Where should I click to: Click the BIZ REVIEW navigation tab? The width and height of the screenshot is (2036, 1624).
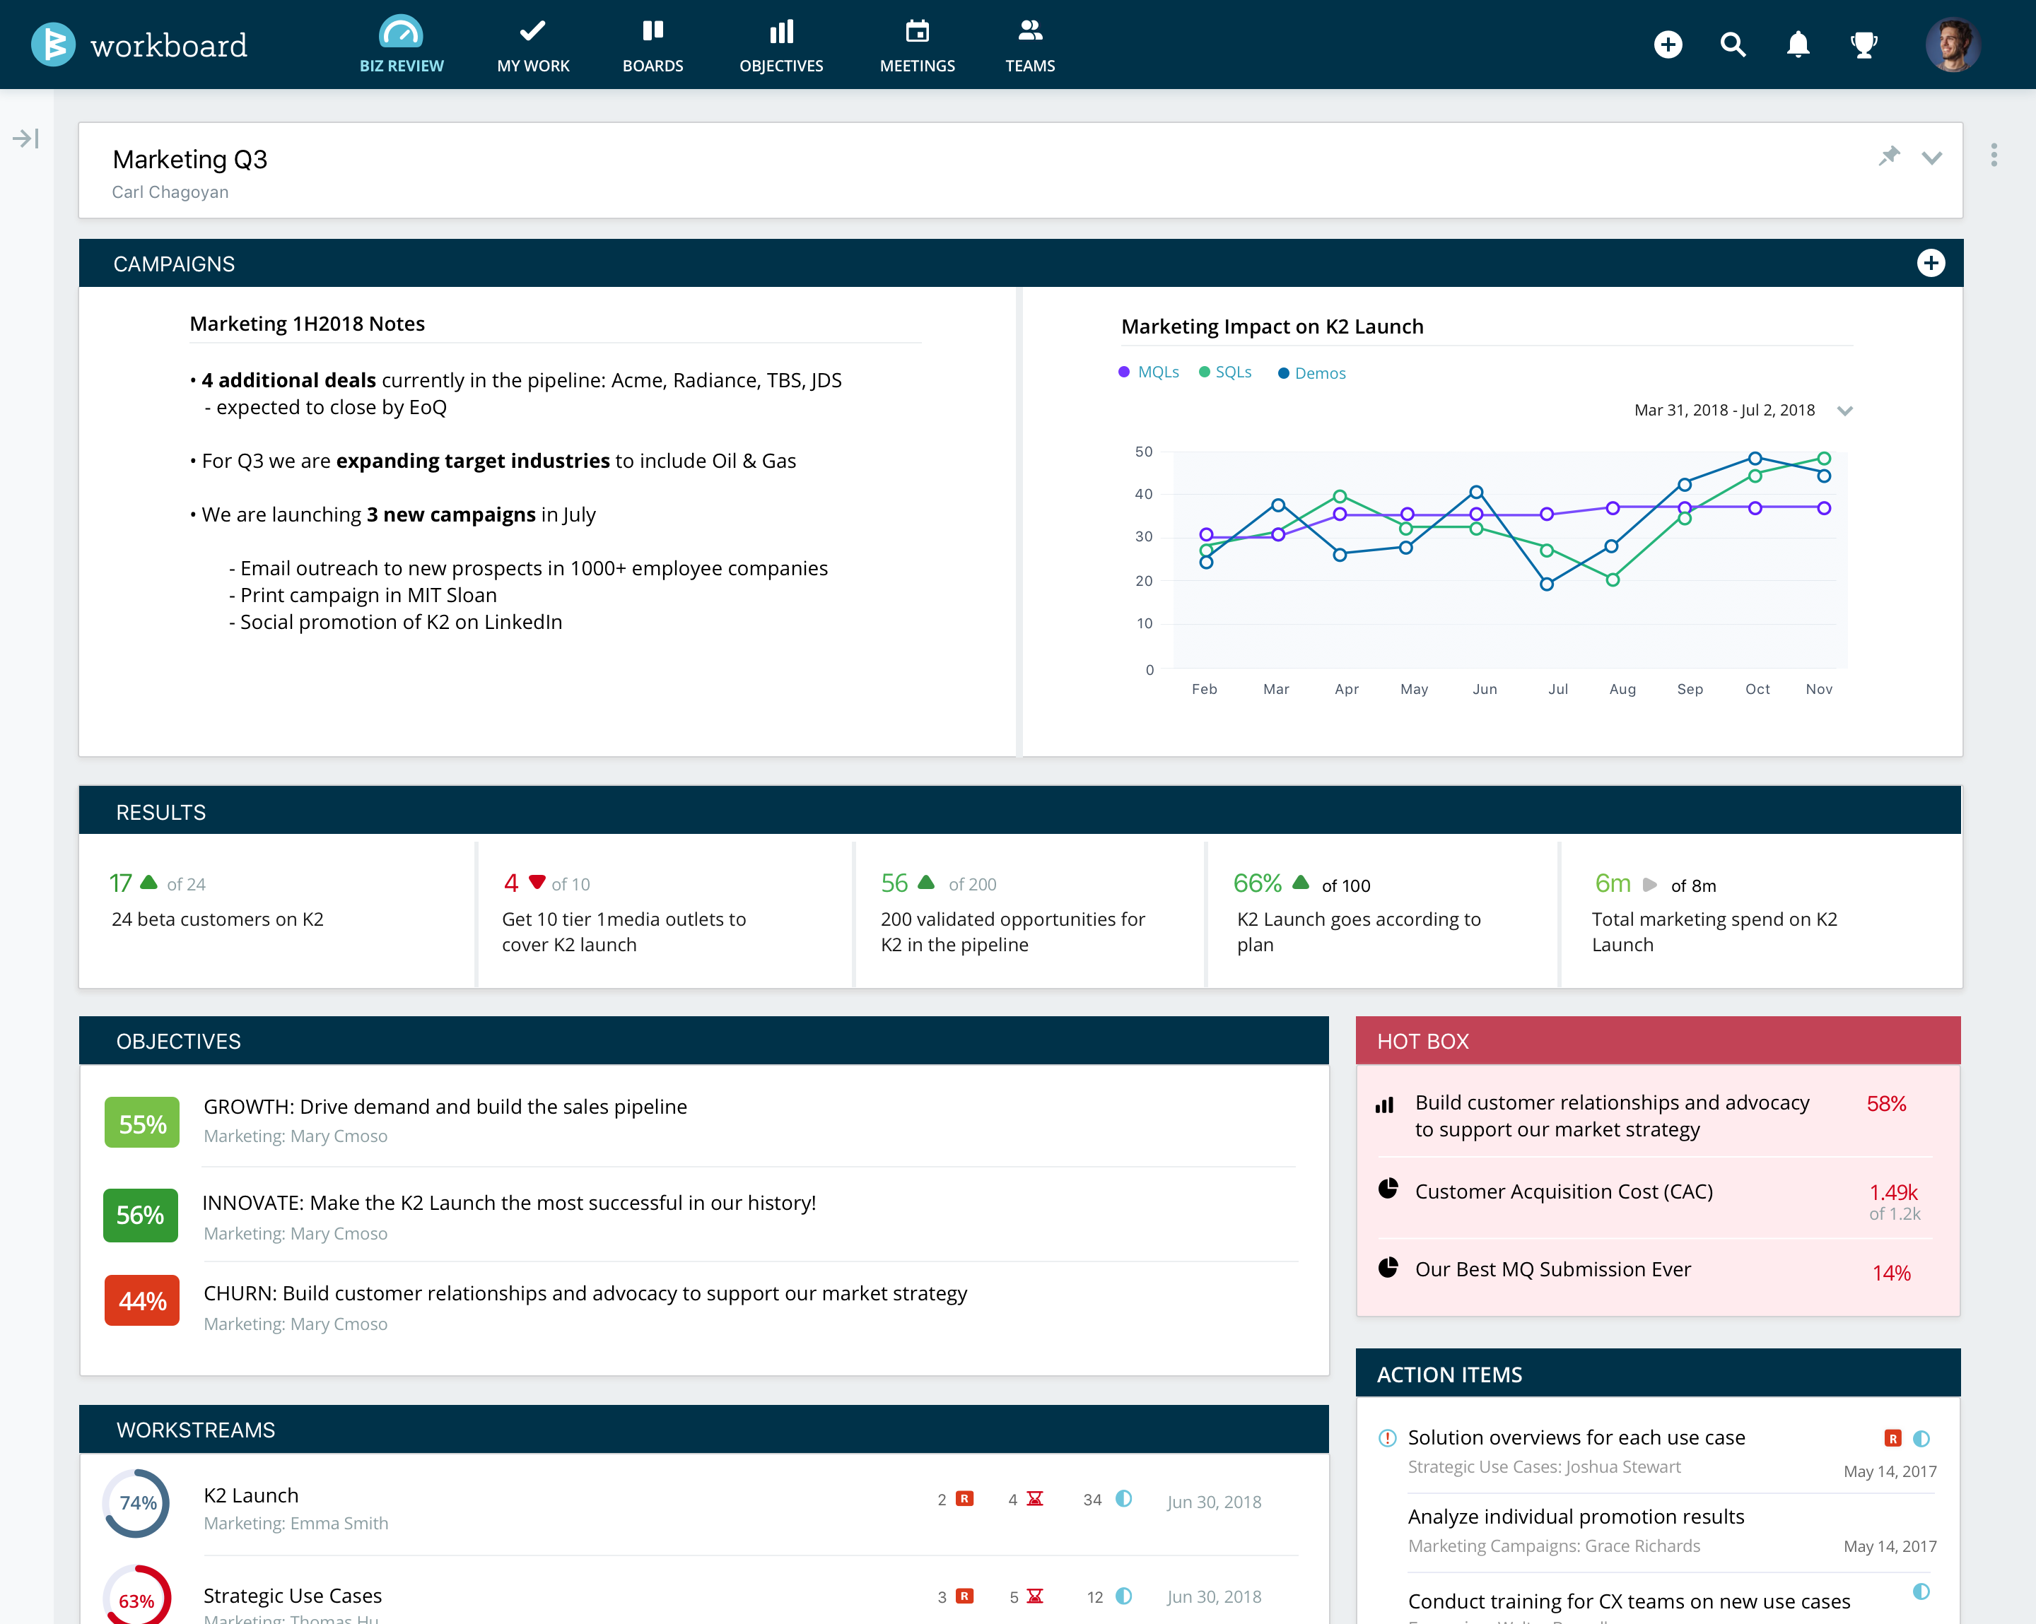[x=402, y=45]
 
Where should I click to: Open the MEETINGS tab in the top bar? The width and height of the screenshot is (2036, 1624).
[x=917, y=45]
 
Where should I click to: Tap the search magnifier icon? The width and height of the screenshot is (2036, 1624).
[x=1733, y=45]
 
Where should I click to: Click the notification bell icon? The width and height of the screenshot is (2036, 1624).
[x=1798, y=45]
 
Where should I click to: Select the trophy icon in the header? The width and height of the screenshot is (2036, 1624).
[x=1864, y=45]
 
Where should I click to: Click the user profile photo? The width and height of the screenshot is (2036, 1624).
[x=1953, y=45]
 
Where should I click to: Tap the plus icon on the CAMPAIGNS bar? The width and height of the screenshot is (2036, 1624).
[x=1930, y=264]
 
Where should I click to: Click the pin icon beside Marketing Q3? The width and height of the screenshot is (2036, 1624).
[x=1889, y=157]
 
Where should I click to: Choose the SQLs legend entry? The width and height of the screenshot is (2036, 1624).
[x=1226, y=372]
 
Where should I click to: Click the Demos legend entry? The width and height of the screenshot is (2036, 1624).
[x=1313, y=373]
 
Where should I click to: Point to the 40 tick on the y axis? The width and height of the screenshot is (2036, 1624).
[x=1144, y=494]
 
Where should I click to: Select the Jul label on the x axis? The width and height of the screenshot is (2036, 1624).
[x=1558, y=689]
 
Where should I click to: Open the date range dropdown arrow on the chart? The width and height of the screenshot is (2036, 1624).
[x=1844, y=411]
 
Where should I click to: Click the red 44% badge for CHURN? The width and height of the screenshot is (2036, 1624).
[x=141, y=1301]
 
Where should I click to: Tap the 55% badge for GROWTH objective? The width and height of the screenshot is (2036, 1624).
[x=141, y=1124]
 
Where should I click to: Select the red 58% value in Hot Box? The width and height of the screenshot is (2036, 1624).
[x=1886, y=1104]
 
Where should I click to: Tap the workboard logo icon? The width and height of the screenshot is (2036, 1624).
[x=53, y=45]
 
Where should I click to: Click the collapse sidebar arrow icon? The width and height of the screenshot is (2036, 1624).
[x=25, y=139]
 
